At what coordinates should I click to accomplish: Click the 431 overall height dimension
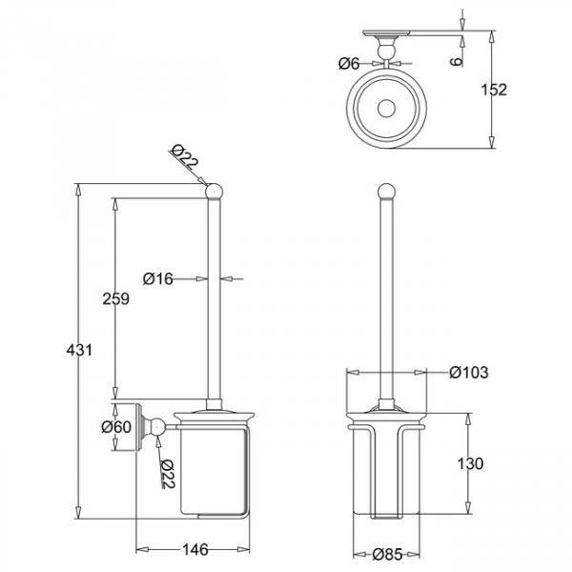tap(79, 351)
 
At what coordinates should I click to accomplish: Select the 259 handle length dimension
tap(115, 298)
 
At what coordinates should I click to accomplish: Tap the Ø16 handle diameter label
tap(157, 279)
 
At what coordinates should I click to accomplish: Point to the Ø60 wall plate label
tap(116, 427)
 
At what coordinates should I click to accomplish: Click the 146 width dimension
tap(195, 550)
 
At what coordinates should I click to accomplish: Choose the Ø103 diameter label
tap(468, 373)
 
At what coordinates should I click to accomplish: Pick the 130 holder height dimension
tap(470, 464)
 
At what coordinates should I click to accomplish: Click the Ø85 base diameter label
tap(387, 555)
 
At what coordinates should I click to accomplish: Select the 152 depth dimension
tap(494, 90)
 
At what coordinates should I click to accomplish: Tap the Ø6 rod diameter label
tap(349, 64)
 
